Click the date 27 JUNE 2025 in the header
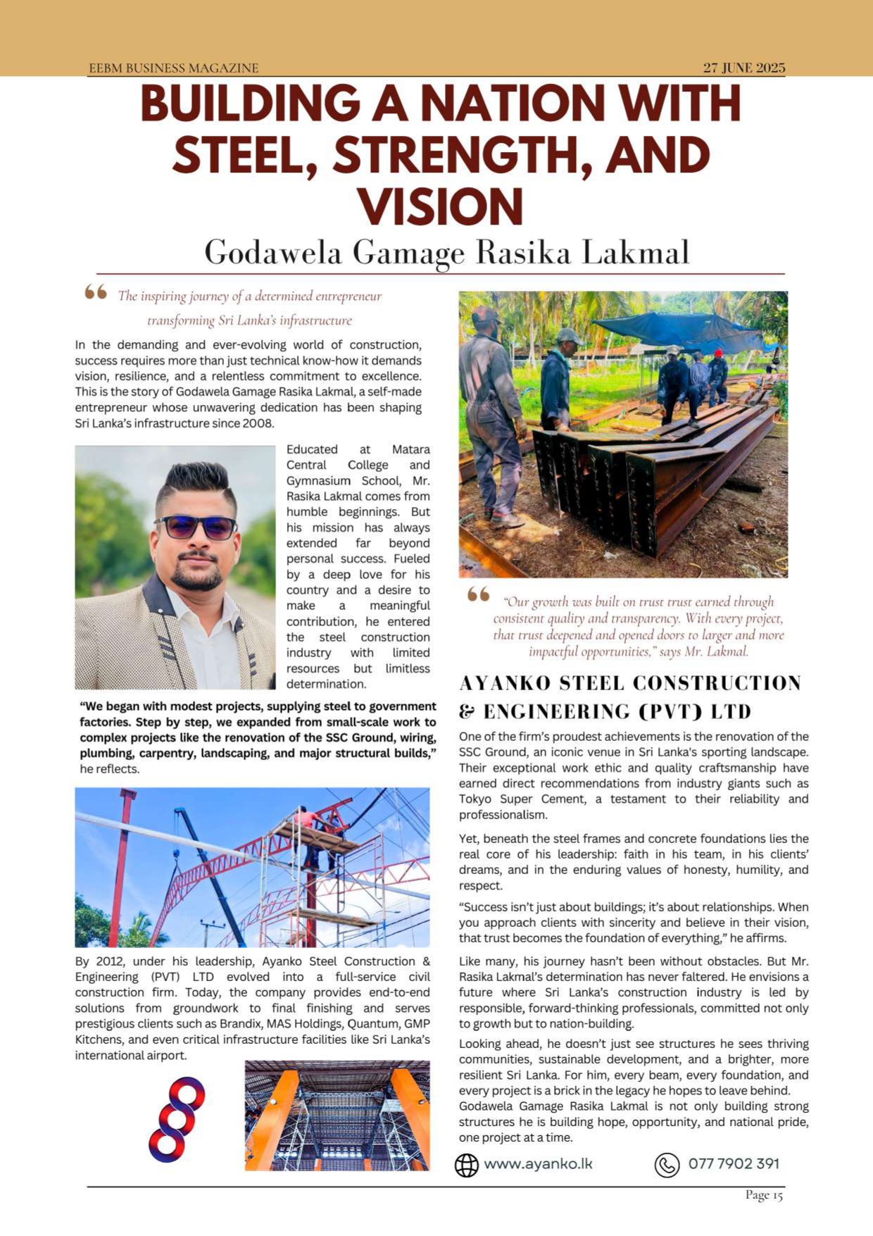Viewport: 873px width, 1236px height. point(743,68)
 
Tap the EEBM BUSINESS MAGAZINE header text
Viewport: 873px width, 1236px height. point(173,68)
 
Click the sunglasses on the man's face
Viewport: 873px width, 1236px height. point(195,527)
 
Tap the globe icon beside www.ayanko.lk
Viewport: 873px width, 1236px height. point(466,1165)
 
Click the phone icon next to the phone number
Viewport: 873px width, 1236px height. point(667,1165)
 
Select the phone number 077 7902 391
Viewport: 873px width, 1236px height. point(734,1163)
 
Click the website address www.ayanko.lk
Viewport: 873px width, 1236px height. point(538,1163)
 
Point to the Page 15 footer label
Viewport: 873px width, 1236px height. point(764,1194)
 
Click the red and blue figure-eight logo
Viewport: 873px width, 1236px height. point(177,1118)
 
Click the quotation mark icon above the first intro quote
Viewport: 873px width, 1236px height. point(96,292)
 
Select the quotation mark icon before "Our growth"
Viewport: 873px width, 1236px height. point(478,595)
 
